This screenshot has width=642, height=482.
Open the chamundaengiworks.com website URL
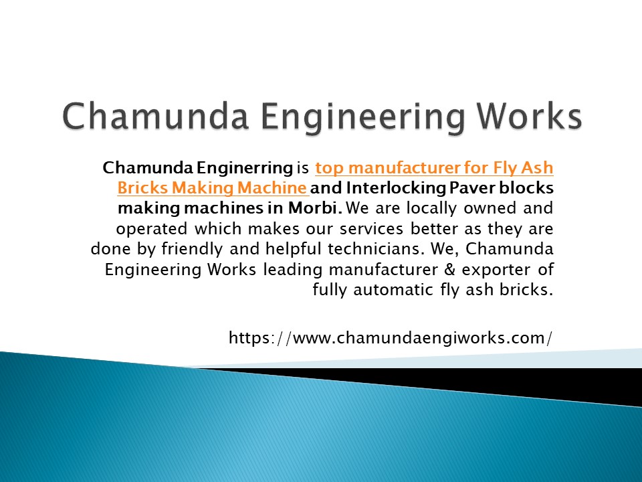(391, 338)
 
